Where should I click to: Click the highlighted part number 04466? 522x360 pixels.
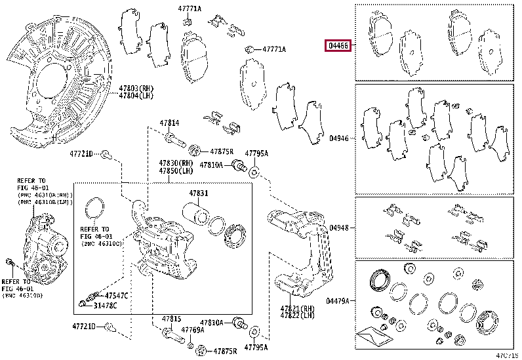[339, 46]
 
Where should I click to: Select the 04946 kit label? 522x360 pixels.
[339, 138]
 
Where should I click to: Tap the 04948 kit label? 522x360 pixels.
[339, 228]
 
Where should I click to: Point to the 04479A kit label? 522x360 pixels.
[339, 301]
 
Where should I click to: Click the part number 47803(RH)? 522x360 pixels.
[136, 87]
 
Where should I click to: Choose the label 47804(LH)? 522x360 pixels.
[136, 96]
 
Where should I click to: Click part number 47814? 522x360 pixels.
[169, 123]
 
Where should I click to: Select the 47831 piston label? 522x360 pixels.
[199, 193]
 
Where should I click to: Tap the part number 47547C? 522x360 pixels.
[116, 296]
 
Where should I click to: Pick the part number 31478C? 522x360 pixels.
[116, 304]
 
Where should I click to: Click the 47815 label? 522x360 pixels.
[171, 319]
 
